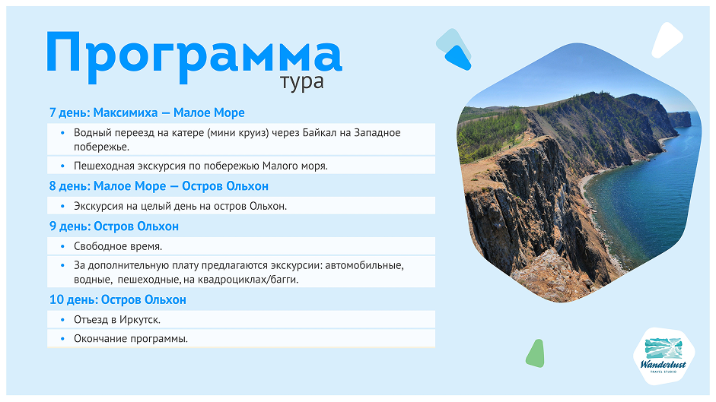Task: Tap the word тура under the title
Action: point(301,81)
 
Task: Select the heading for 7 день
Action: point(147,112)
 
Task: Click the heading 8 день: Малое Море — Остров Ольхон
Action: point(158,186)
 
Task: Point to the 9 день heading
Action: point(113,226)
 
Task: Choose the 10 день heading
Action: point(117,299)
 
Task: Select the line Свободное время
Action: point(118,246)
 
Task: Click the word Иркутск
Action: point(138,320)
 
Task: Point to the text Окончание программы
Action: point(130,339)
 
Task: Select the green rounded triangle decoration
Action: point(536,353)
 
